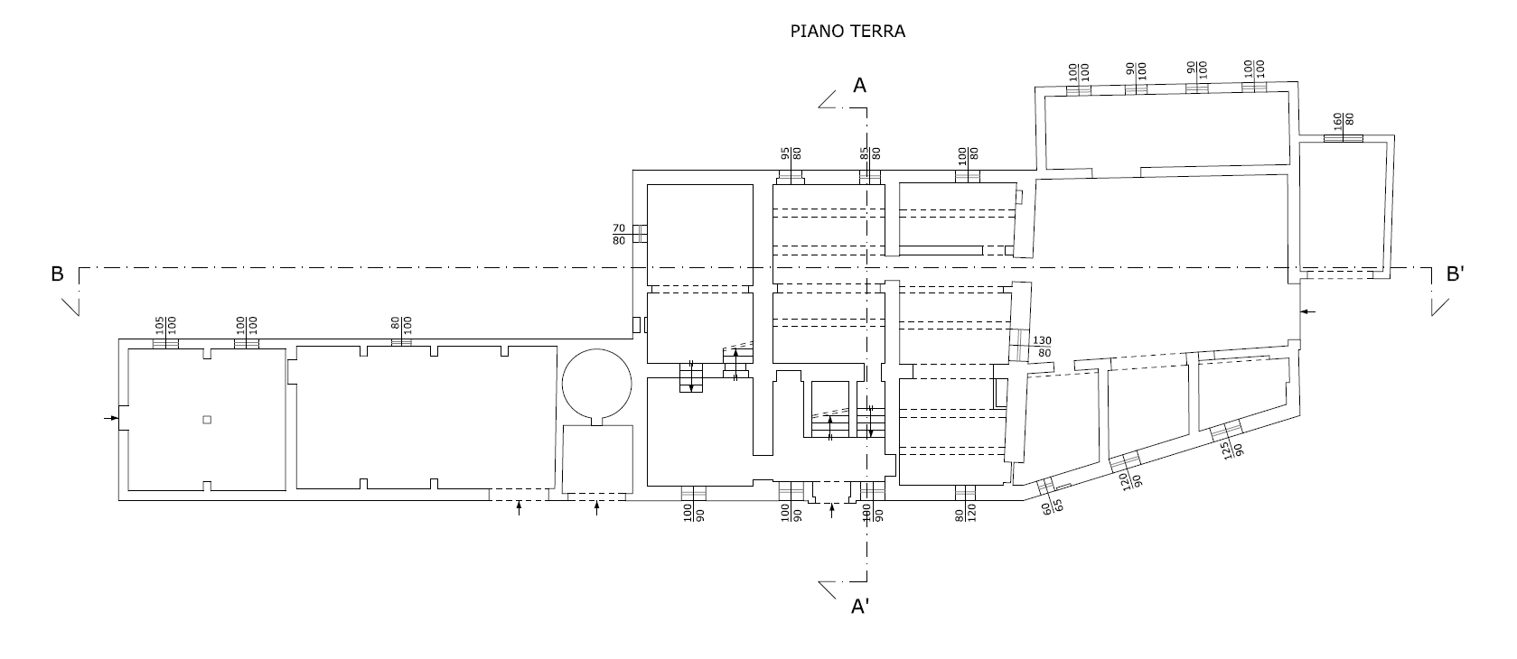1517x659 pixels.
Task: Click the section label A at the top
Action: [860, 86]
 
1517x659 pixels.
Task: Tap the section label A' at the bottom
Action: [861, 607]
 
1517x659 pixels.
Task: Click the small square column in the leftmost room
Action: [207, 419]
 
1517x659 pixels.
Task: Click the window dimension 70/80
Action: [620, 235]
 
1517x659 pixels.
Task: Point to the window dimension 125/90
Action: [1231, 450]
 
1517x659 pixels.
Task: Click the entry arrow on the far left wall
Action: [111, 418]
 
